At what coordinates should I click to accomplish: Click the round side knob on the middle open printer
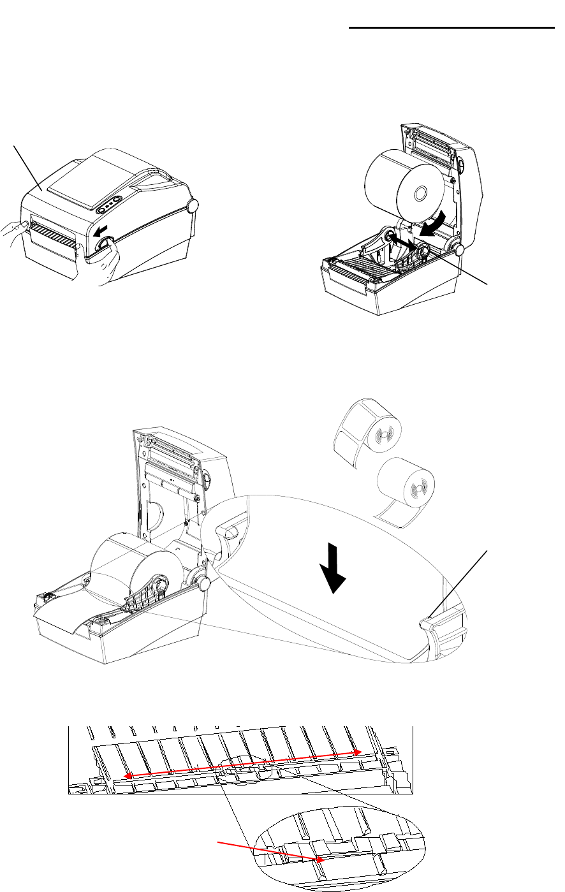[x=202, y=583]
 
